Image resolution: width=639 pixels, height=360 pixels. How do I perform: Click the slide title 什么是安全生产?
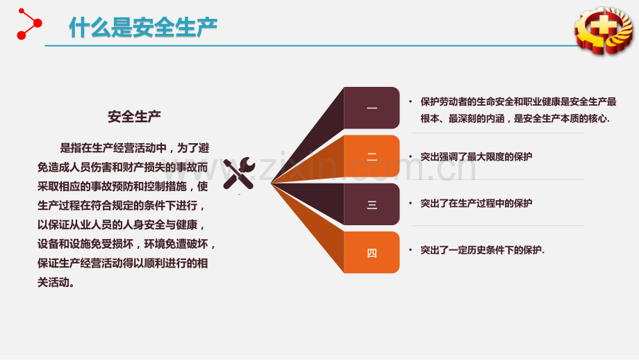(143, 27)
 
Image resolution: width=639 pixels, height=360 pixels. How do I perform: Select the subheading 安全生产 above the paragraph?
(135, 116)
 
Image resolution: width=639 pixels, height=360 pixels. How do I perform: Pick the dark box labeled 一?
(372, 108)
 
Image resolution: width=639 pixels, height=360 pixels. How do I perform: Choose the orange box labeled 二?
(372, 156)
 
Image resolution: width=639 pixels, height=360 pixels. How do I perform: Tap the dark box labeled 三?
(372, 204)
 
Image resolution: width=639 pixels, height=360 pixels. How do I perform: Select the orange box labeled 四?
(372, 253)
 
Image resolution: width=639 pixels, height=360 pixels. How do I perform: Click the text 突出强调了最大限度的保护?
(476, 157)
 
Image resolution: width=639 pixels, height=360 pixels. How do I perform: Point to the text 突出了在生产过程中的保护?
(476, 204)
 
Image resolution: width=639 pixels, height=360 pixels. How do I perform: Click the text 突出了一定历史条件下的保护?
(483, 250)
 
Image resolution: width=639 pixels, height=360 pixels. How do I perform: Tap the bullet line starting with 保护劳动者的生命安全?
(518, 101)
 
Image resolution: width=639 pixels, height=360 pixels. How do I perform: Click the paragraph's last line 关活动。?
(56, 283)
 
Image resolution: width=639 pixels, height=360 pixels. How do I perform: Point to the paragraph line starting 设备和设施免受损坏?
(128, 245)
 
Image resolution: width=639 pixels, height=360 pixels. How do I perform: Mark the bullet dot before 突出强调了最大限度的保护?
(410, 157)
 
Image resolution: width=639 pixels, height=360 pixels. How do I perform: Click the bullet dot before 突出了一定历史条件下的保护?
(410, 250)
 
